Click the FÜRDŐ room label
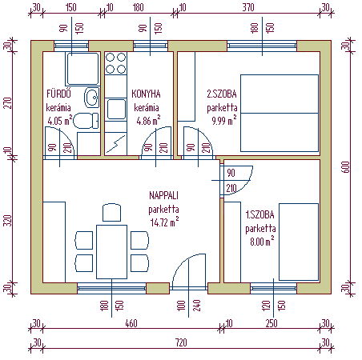pos(58,94)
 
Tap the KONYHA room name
pos(146,94)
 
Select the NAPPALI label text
pos(163,195)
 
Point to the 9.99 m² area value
pos(224,120)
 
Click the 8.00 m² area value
pos(262,241)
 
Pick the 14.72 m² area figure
pos(164,222)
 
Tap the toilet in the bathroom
pos(86,121)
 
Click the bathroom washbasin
pos(92,98)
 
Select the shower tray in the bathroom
pos(82,69)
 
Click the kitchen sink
pos(116,109)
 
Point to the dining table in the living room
pos(111,252)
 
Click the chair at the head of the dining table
pos(111,212)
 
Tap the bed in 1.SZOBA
pos(299,242)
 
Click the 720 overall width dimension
pos(181,342)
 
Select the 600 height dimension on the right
pos(346,167)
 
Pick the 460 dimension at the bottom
pos(131,323)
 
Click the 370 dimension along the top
pos(248,7)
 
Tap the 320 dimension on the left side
pos(8,221)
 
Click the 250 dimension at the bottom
pos(271,323)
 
